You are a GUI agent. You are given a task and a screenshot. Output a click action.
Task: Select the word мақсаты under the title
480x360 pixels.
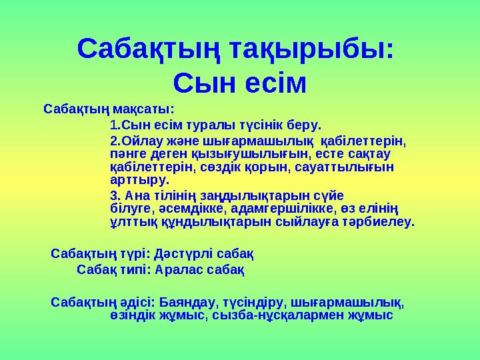point(143,109)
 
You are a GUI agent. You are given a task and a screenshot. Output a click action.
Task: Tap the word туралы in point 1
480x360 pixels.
point(211,125)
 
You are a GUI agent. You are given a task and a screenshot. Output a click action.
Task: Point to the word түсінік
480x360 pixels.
point(261,125)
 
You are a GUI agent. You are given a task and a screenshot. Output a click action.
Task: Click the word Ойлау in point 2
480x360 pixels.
point(143,141)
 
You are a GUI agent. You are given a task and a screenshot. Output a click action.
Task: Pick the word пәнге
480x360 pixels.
point(129,154)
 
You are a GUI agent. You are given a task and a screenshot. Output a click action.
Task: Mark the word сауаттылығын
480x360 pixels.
point(345,167)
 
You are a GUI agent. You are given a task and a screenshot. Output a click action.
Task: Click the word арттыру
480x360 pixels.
point(140,180)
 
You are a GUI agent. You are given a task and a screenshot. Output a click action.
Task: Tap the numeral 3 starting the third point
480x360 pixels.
point(113,195)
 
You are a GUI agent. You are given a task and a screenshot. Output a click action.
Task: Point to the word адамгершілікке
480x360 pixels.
point(281,209)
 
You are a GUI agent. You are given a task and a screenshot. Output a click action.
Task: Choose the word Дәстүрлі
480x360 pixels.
point(184,254)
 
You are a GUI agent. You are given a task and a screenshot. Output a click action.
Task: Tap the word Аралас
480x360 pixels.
point(179,270)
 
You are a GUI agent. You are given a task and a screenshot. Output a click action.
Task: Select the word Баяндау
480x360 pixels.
point(189,303)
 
